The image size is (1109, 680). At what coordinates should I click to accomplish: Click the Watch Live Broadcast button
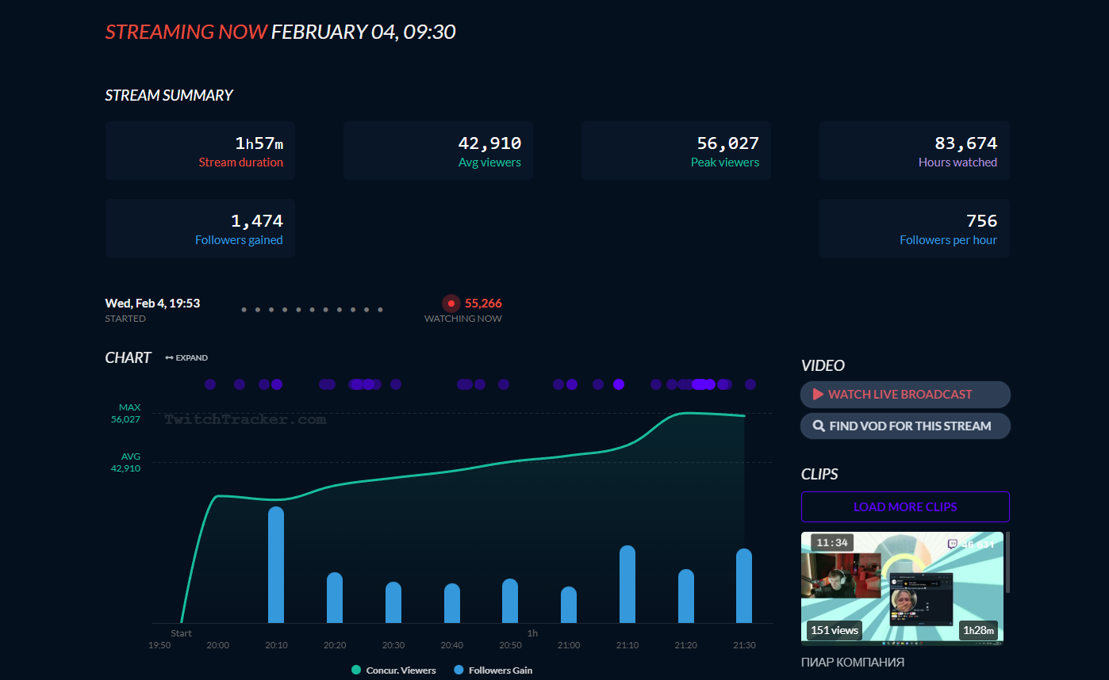[905, 395]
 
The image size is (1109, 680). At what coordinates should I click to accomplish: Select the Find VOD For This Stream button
[905, 426]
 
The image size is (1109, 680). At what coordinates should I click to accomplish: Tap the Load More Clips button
[905, 507]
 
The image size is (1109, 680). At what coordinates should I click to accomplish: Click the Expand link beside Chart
[186, 358]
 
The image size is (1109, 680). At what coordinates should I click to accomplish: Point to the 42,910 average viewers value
[489, 143]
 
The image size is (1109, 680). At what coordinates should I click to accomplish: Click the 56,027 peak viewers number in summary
[727, 143]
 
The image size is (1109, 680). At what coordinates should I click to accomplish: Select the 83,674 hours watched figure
[965, 143]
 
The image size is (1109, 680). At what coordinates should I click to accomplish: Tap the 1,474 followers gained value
[256, 221]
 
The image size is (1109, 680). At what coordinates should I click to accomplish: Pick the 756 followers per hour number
[981, 221]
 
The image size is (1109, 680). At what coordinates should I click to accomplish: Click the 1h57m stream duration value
[259, 143]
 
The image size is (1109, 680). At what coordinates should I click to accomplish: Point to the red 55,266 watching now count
[483, 304]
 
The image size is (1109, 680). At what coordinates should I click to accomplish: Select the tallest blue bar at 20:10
[276, 564]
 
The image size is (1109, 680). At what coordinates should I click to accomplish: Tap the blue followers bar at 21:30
[744, 586]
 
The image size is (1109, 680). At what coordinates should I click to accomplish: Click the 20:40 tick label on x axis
[452, 645]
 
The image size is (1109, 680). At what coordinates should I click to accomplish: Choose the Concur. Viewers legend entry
[393, 670]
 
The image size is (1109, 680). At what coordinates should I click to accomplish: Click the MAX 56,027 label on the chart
[126, 413]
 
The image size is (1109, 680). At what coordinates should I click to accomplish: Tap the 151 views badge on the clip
[835, 630]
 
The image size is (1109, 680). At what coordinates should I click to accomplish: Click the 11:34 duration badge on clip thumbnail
[832, 543]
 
